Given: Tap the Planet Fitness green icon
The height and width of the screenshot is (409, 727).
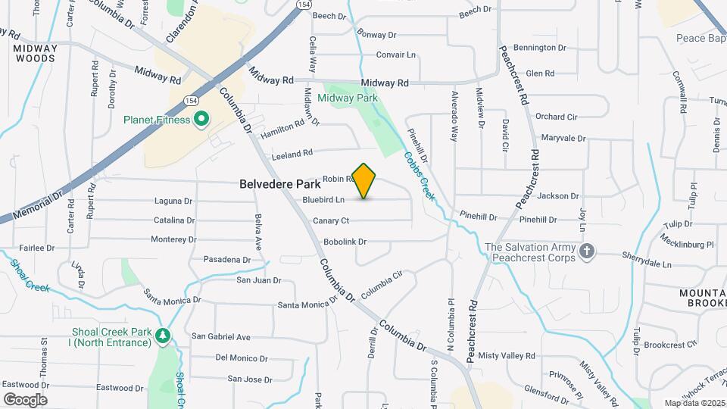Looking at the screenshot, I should click(x=201, y=119).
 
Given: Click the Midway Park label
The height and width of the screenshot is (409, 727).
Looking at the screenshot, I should click(x=347, y=98).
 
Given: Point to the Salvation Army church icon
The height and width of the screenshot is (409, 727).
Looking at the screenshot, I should click(x=586, y=251).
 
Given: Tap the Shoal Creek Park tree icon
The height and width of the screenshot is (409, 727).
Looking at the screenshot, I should click(x=162, y=336).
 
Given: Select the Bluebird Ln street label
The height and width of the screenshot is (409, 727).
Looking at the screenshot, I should click(x=323, y=200).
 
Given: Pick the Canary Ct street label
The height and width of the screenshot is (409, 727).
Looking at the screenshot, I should click(x=331, y=221).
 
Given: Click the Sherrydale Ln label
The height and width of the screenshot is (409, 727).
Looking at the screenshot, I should click(x=647, y=264).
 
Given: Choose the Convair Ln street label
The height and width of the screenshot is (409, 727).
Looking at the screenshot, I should click(x=396, y=55).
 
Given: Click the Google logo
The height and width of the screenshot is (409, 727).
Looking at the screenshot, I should click(x=25, y=399).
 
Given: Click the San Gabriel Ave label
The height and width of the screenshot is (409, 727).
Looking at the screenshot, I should click(x=220, y=336).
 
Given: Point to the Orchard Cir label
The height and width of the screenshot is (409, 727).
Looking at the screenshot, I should click(x=556, y=117).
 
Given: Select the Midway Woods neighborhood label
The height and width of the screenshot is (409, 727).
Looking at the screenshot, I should click(x=35, y=52).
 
